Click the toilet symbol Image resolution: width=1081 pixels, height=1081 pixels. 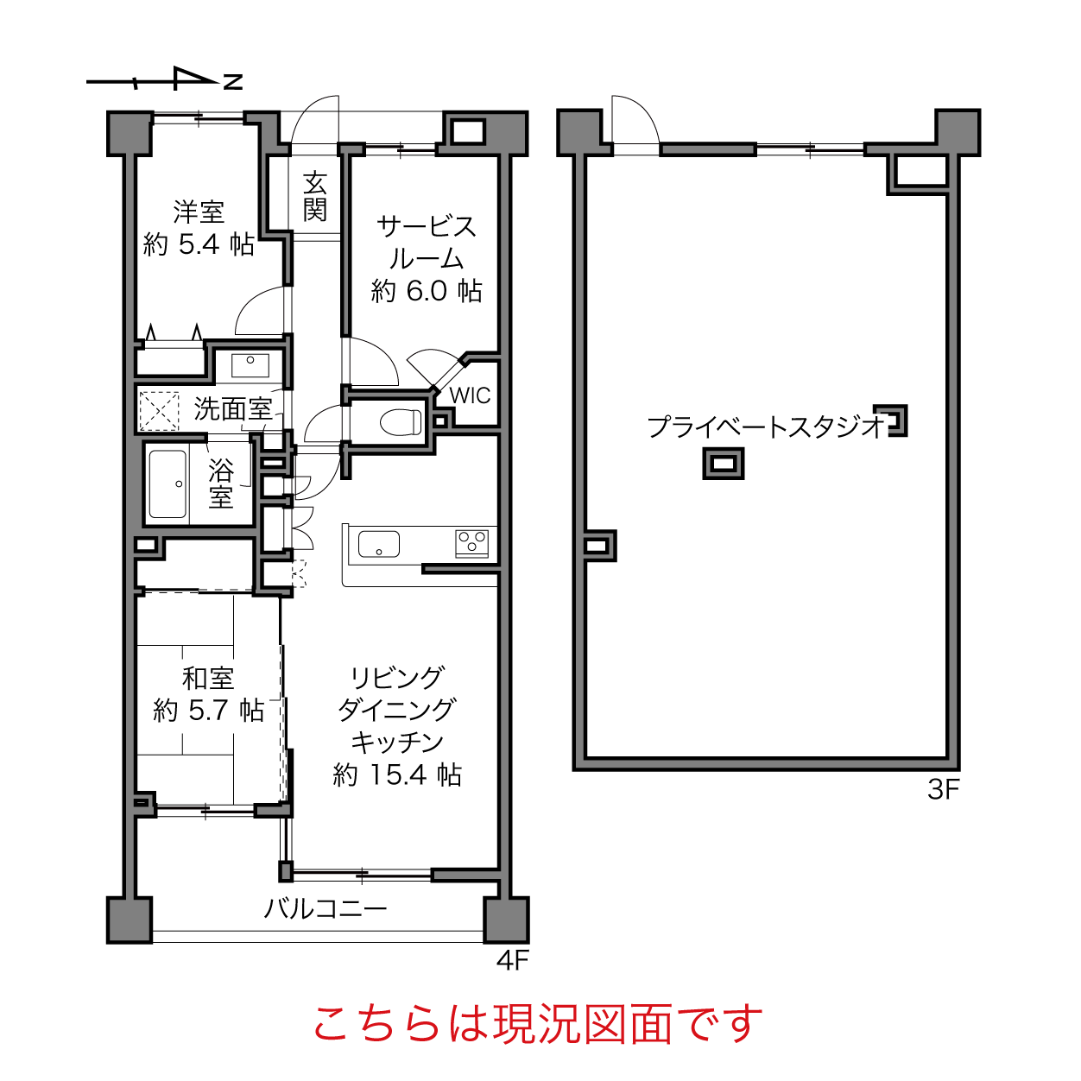[401, 421]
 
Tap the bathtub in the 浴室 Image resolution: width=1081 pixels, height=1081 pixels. [168, 484]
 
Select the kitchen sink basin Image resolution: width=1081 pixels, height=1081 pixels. [379, 544]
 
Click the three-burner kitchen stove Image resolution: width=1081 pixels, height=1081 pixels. [472, 543]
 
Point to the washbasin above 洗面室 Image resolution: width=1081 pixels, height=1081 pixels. [250, 364]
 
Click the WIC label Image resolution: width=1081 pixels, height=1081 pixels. [470, 395]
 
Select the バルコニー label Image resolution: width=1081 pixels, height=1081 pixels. [326, 908]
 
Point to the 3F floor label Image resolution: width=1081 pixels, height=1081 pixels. [943, 790]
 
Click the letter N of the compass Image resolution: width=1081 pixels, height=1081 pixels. [233, 82]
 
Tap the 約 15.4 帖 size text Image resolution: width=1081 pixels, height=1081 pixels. [397, 774]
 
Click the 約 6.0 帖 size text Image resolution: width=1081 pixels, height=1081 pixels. [427, 291]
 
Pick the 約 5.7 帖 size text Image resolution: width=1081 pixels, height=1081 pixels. [209, 711]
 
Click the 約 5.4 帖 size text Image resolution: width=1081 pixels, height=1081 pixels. [199, 244]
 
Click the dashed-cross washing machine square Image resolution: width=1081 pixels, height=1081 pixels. [159, 411]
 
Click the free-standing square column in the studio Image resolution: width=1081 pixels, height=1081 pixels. [723, 464]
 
